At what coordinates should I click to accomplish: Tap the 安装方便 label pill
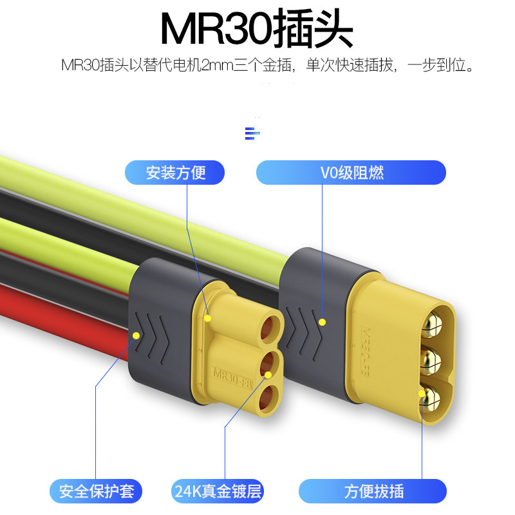pos(174,173)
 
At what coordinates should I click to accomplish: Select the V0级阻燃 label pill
pos(351,173)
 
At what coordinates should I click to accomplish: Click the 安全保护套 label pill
pos(96,492)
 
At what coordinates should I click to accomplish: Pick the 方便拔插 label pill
pos(373,492)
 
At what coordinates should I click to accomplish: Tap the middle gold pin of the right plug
pos(430,358)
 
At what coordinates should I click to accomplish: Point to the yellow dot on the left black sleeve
pos(136,335)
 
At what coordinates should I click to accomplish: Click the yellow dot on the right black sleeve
pos(323,321)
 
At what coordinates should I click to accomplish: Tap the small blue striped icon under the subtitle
pos(252,133)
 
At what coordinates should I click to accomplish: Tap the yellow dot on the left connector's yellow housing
pos(208,318)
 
